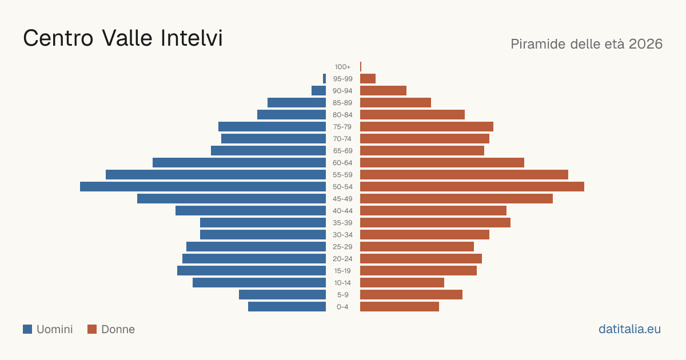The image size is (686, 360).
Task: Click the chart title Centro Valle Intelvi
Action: (123, 38)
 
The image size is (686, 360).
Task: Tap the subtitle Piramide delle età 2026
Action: (587, 44)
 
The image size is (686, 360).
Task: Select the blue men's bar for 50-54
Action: (203, 187)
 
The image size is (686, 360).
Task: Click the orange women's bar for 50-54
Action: (472, 187)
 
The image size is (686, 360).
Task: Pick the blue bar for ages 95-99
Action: (324, 79)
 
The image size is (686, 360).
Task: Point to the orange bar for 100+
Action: (361, 67)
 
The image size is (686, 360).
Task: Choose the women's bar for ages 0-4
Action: (400, 307)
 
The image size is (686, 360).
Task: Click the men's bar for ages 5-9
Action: (282, 295)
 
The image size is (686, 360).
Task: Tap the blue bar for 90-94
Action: (318, 91)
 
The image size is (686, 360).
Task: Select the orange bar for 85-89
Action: (396, 102)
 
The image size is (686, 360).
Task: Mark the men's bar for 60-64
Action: (239, 162)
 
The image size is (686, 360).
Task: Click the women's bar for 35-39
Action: (435, 222)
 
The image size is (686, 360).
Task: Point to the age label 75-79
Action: (342, 127)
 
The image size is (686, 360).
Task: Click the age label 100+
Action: (342, 67)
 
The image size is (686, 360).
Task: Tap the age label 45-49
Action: (342, 199)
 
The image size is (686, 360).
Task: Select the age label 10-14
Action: (342, 283)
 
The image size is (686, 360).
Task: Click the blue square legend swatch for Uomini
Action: (27, 329)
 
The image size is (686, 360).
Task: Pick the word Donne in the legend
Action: (118, 329)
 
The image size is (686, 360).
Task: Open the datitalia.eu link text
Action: (629, 329)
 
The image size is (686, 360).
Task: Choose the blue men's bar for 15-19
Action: (252, 271)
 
